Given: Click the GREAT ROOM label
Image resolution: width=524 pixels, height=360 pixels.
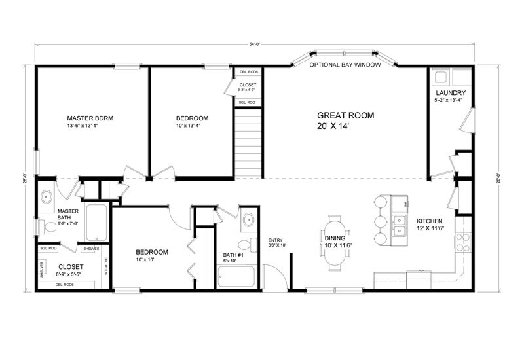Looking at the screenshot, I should (x=345, y=115).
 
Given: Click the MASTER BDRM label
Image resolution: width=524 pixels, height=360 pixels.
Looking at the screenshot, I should (x=90, y=118).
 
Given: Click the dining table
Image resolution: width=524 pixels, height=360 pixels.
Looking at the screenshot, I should (x=335, y=242).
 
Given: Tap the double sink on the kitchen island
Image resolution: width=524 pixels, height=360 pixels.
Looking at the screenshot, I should (x=398, y=226).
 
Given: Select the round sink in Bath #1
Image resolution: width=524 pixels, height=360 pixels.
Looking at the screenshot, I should (x=248, y=220).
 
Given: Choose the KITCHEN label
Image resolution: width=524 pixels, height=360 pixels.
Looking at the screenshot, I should (x=430, y=221).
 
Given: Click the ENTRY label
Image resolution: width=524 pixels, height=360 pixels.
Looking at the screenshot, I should (x=275, y=240).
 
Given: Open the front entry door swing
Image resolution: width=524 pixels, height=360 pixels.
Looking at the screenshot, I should (x=274, y=275).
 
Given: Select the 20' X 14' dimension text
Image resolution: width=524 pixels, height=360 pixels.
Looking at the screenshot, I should (x=345, y=126).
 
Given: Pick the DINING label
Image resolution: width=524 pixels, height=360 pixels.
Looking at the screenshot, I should (x=339, y=238).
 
